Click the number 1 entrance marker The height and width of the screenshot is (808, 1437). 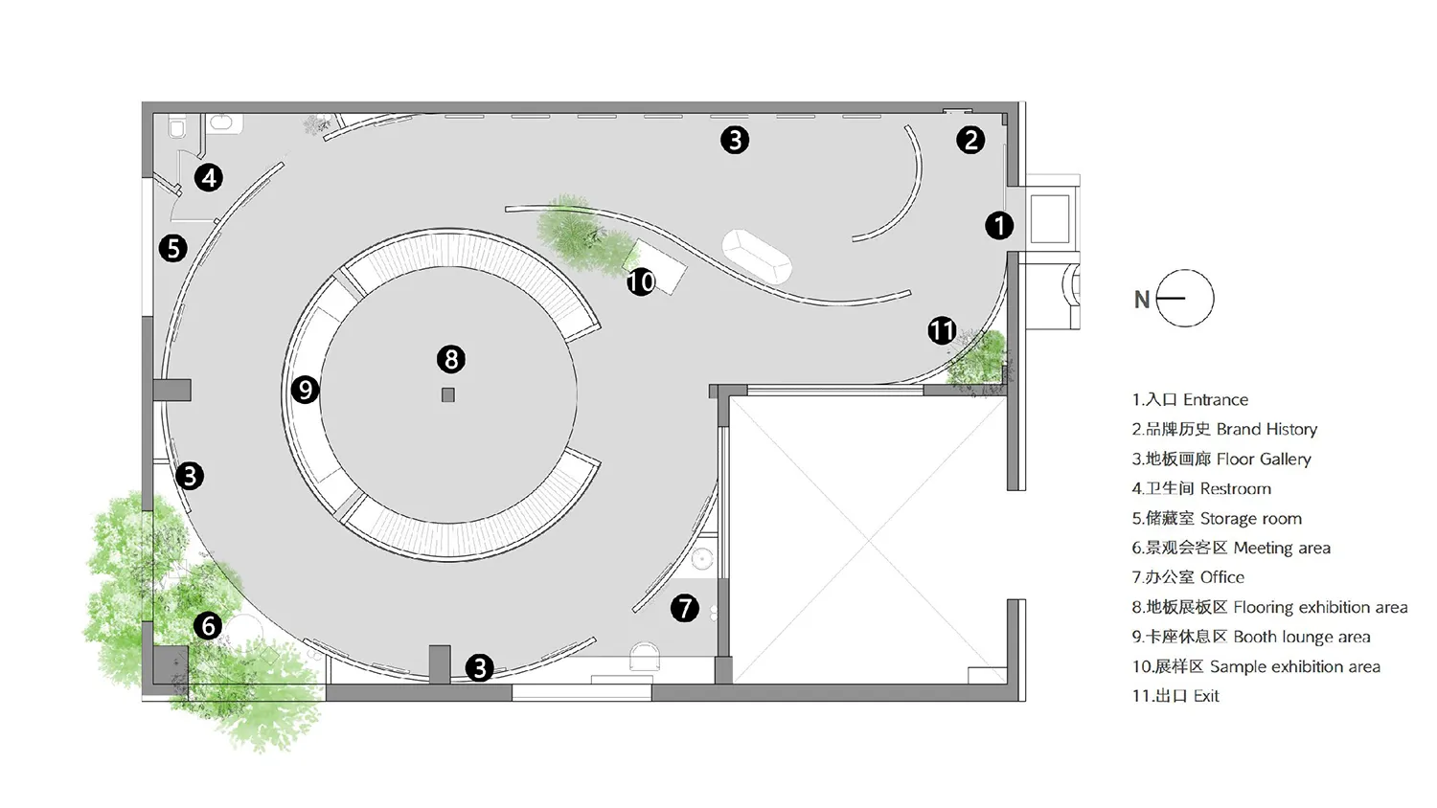pos(999,226)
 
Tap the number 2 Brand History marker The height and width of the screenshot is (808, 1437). pos(970,140)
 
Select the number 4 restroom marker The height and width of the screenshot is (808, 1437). pos(209,178)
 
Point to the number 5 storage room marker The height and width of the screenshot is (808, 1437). pos(173,248)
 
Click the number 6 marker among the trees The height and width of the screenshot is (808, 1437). pos(209,626)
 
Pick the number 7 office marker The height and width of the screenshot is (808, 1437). pos(685,608)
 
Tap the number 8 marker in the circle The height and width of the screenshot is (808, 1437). pos(451,359)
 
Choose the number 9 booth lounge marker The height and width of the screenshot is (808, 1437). pos(306,390)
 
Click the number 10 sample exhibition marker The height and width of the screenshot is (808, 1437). pos(641,281)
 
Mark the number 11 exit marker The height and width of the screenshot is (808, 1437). pos(943,330)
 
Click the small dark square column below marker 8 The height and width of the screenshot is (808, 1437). pos(448,395)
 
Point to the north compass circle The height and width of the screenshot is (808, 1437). pos(1185,298)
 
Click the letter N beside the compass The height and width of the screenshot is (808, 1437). pos(1142,300)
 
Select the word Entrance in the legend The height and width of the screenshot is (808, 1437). pos(1216,399)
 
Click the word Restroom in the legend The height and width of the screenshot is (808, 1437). pos(1236,488)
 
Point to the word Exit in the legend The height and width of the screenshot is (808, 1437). pos(1206,696)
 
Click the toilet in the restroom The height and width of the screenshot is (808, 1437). pos(177,125)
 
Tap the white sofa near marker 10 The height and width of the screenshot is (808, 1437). pos(757,256)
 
